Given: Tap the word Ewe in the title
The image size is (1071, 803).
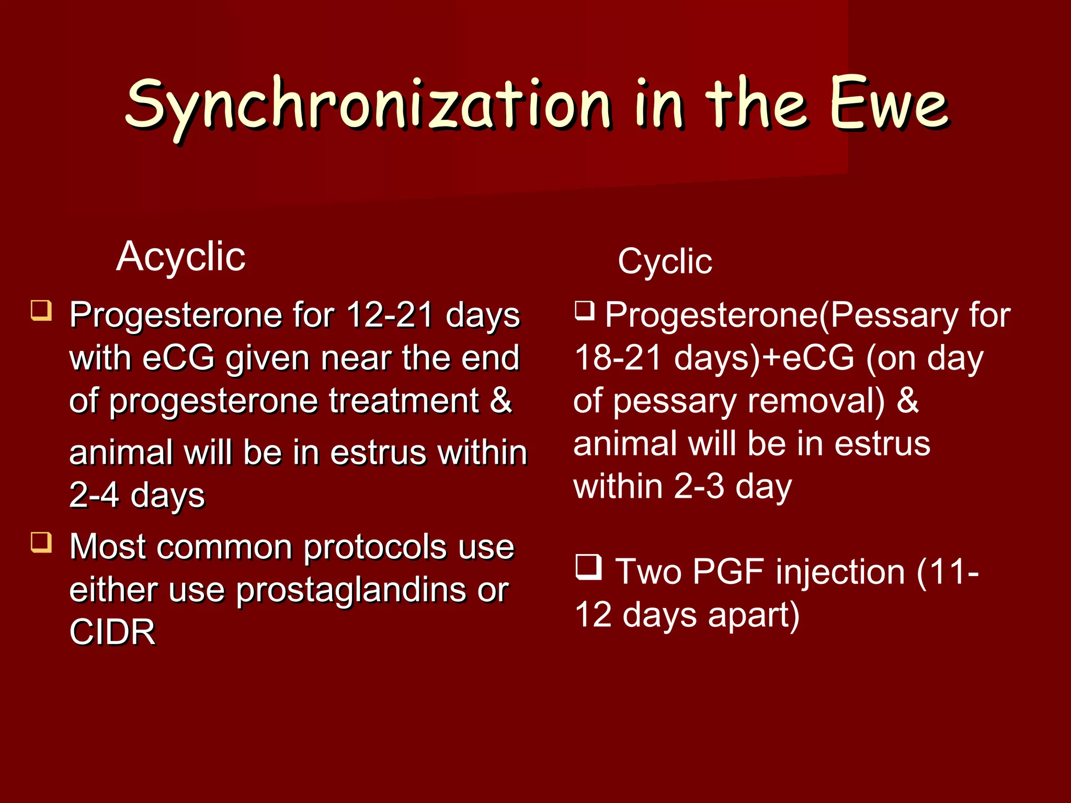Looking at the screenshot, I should [888, 105].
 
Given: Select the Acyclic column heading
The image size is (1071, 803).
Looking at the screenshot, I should [180, 257].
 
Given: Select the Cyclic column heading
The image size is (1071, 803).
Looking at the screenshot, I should [665, 261].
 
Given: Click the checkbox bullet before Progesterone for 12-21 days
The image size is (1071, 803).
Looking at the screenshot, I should [41, 310].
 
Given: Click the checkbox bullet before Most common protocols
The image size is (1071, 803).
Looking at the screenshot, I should [41, 542].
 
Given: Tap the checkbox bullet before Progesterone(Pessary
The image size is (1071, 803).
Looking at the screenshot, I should [585, 311].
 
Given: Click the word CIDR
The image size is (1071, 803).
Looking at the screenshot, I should [112, 632].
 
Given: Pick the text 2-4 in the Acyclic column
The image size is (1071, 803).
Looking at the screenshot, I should [94, 495].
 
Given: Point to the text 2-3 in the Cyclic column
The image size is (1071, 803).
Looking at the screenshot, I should [699, 487].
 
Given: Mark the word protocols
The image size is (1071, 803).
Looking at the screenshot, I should [375, 548].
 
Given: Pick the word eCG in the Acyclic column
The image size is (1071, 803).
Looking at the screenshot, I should [178, 359].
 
